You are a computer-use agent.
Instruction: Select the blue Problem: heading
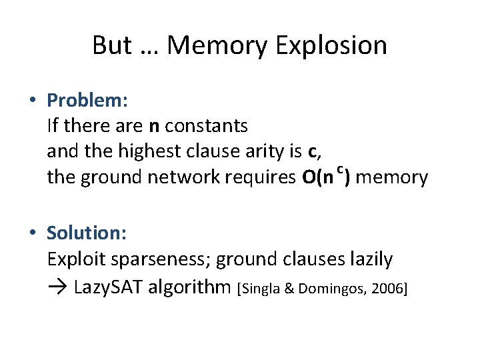(87, 101)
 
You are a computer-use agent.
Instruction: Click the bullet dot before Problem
(32, 101)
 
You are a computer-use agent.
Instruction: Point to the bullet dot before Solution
(32, 233)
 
